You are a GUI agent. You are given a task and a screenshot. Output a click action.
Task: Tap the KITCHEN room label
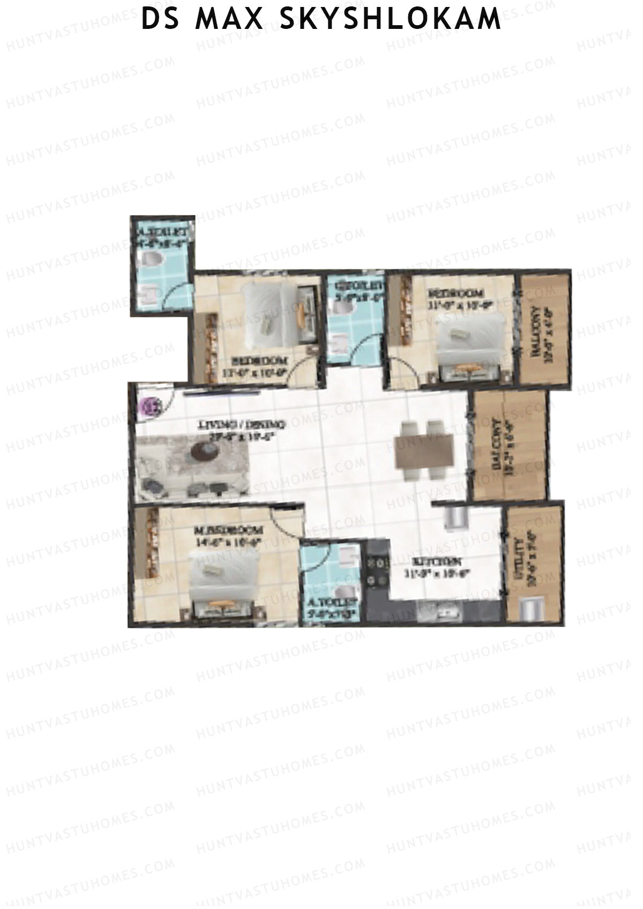point(437,562)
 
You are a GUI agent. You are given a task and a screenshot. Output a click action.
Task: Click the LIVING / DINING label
point(242,424)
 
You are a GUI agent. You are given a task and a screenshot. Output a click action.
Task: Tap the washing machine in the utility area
point(532,610)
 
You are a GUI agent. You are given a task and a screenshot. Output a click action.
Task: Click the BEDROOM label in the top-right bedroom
point(457,294)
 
